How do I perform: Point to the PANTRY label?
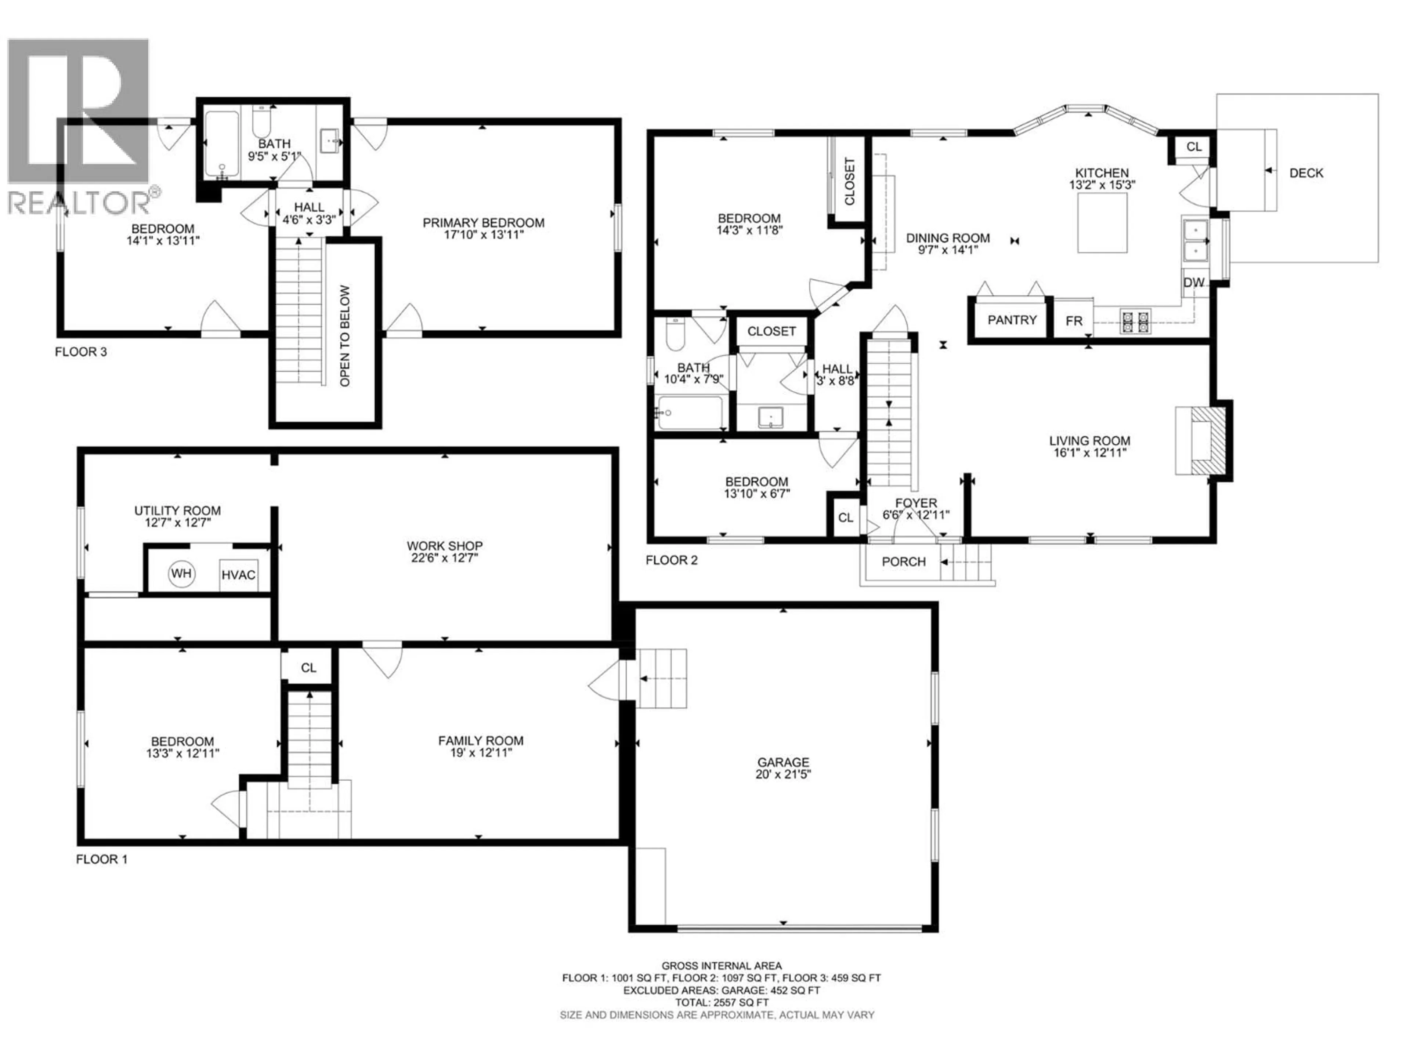1012,320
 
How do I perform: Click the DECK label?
1306,172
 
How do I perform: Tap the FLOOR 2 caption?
671,560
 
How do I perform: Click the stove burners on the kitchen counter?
1135,320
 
